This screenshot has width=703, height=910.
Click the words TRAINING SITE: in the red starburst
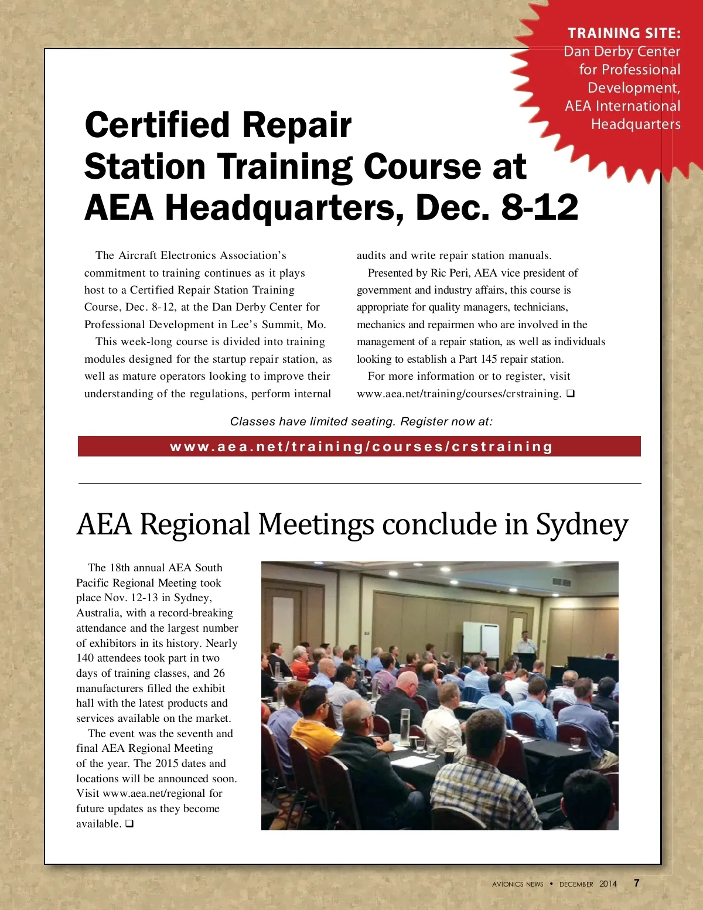(624, 33)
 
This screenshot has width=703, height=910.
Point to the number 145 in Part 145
(489, 359)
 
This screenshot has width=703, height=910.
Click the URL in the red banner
(361, 447)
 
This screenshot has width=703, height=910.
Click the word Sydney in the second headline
(582, 524)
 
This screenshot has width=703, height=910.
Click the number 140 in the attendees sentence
(85, 658)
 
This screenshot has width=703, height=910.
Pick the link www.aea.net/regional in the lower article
(154, 793)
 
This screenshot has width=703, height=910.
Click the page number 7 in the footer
(637, 883)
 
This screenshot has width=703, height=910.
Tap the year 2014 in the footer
(608, 884)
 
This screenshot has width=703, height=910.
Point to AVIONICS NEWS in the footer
(517, 884)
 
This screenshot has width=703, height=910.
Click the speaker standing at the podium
(525, 643)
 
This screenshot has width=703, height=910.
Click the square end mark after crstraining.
(571, 394)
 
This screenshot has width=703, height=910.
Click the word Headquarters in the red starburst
(636, 124)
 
